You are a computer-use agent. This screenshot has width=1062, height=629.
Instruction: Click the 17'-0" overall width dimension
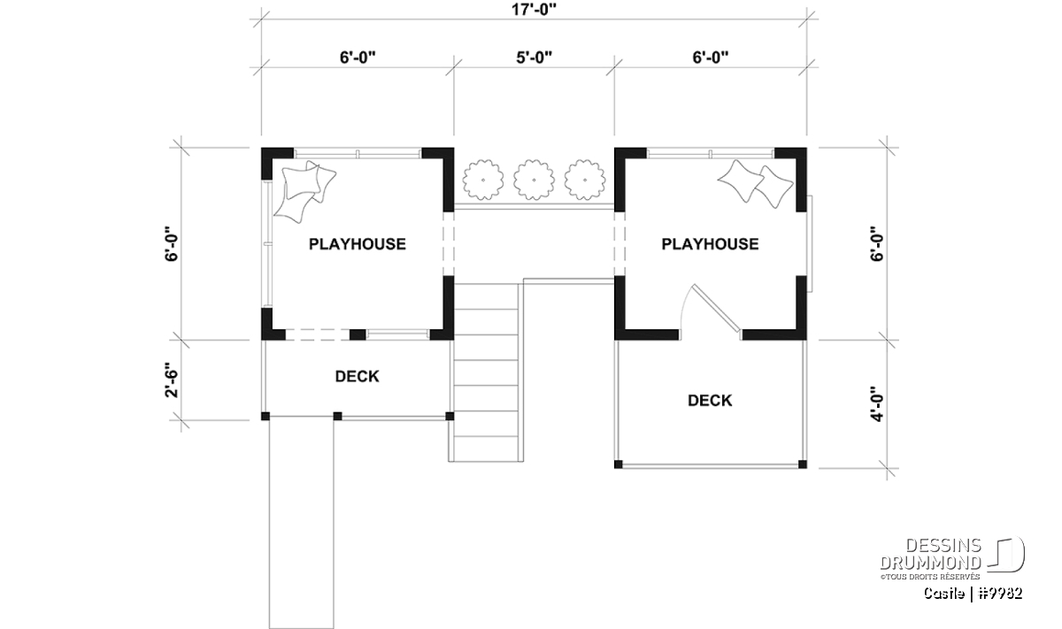[534, 10]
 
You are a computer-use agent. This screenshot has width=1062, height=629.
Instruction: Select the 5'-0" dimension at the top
[534, 58]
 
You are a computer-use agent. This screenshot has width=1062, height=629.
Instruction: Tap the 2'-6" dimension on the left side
[172, 380]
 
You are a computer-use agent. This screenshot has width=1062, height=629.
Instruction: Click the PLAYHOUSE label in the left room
[358, 244]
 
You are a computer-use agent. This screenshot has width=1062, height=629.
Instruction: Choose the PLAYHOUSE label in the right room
[710, 244]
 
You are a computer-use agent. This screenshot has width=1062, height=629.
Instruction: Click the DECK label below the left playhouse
[357, 376]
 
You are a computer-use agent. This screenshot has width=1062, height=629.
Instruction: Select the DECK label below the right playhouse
[710, 401]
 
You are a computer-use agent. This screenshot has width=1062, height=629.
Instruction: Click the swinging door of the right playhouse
[716, 307]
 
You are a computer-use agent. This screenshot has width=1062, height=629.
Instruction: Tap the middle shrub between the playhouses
[534, 180]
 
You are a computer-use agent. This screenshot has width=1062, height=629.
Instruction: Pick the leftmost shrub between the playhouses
[483, 180]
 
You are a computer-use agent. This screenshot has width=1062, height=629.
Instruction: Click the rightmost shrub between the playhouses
[585, 180]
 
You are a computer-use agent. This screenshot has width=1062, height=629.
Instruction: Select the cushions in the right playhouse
[755, 184]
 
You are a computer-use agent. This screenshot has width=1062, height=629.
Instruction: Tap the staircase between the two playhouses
[486, 372]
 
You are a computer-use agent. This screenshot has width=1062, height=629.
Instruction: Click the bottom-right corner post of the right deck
[802, 464]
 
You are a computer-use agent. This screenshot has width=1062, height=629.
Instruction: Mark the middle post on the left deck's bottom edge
[337, 416]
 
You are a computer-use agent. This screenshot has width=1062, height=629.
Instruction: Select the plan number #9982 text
[999, 594]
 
